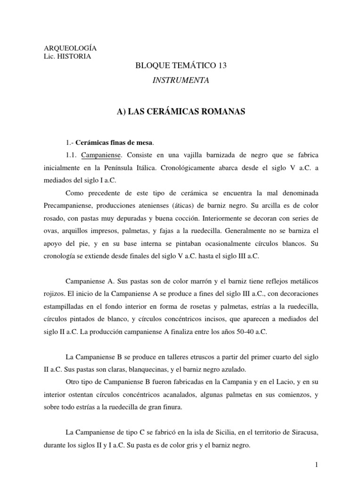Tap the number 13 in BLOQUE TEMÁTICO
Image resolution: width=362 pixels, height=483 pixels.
(x=222, y=67)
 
